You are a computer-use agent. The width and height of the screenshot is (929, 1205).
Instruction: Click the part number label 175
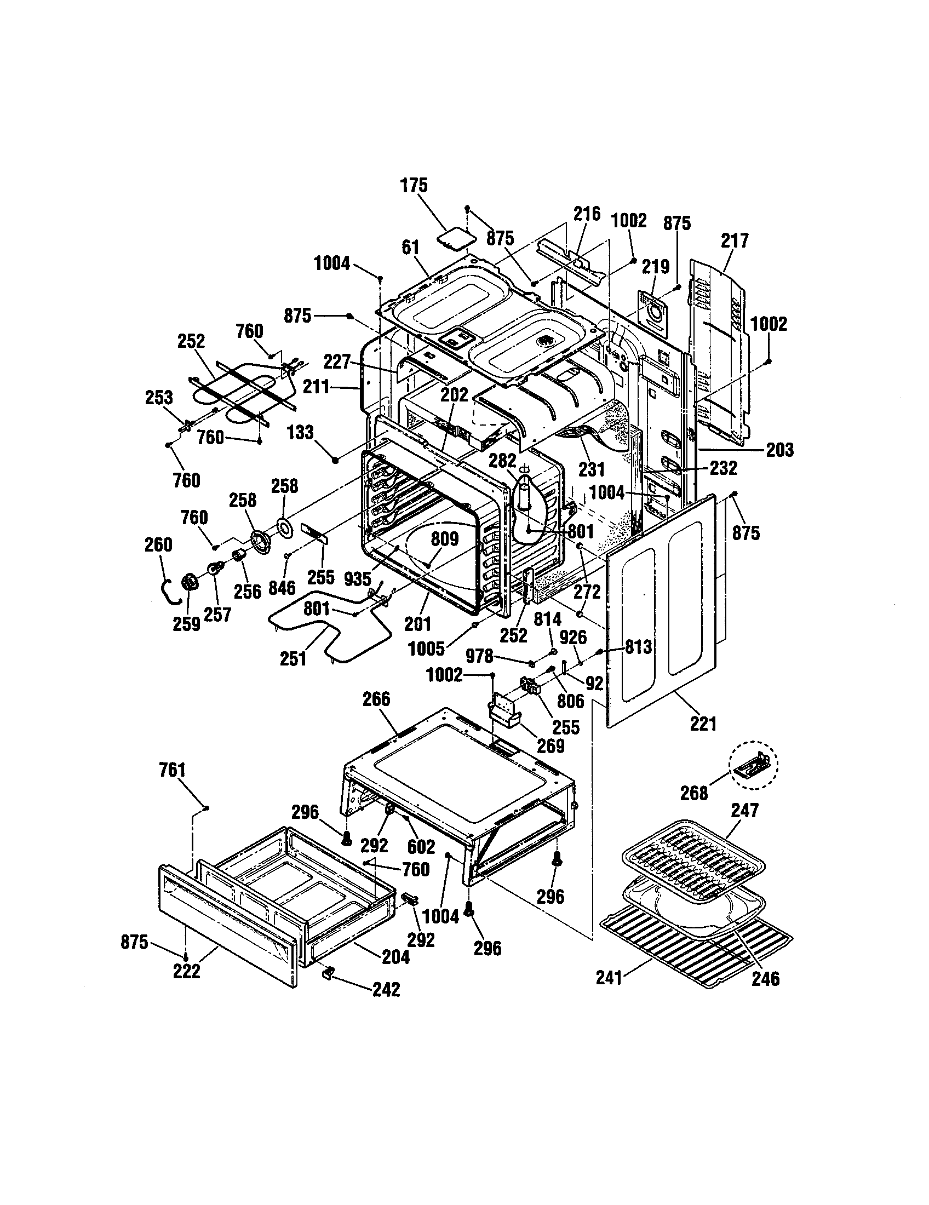click(x=414, y=185)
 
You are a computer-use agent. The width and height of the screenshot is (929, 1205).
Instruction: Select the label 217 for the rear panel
click(x=735, y=240)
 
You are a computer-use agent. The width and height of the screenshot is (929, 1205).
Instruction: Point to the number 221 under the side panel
click(x=703, y=724)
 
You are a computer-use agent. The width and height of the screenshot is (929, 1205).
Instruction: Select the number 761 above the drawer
click(x=172, y=770)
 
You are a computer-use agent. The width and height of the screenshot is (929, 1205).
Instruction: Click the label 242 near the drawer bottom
click(x=386, y=990)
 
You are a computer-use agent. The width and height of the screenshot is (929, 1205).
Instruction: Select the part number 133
click(x=300, y=432)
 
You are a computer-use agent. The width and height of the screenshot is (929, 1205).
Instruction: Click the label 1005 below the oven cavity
click(x=427, y=649)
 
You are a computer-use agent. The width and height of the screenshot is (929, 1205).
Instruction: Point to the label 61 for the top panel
click(x=410, y=248)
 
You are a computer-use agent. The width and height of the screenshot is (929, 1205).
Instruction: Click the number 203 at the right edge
click(x=779, y=450)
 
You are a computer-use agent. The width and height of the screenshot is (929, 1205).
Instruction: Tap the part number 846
click(x=282, y=588)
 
